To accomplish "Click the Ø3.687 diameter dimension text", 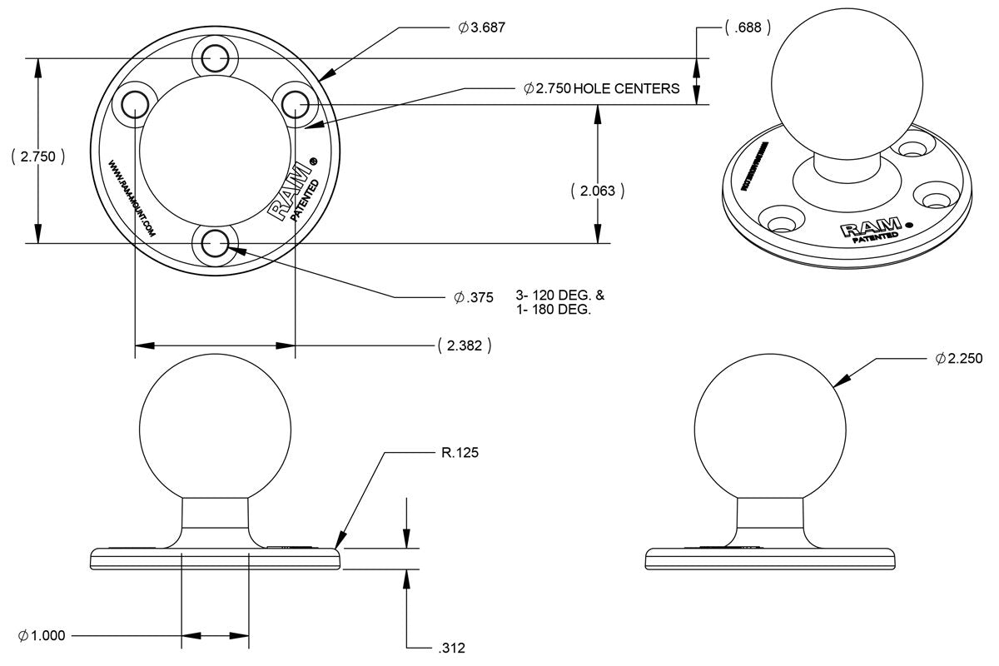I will pos(482,27).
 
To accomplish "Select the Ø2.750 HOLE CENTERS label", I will pos(602,88).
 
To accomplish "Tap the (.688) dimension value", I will pos(747,27).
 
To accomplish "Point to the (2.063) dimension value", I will pos(598,191).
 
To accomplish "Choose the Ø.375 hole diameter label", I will pos(475,297).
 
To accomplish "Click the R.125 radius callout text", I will pos(460,454).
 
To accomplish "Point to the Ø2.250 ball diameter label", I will pos(959,359).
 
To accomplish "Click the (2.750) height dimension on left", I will pos(38,156).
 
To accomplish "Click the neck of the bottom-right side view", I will pos(770,521).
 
